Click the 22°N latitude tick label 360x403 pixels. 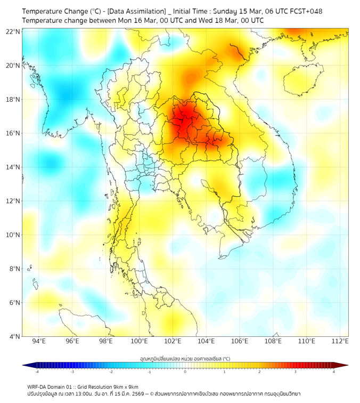[x=13, y=32]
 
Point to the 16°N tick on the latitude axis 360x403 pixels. [x=13, y=133]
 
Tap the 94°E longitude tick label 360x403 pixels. [x=39, y=342]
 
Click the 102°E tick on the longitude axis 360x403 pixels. [x=173, y=342]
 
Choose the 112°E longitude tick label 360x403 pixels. [x=340, y=342]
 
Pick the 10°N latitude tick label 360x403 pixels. [x=13, y=235]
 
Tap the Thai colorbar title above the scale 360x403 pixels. [x=185, y=358]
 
